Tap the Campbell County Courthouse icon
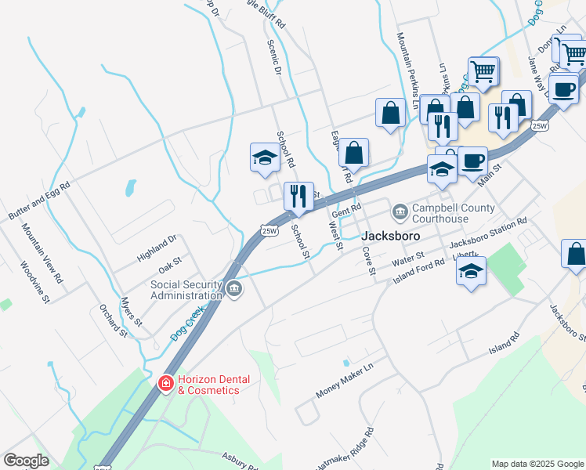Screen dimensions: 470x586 pos(400,211)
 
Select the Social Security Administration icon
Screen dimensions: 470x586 pos(234,290)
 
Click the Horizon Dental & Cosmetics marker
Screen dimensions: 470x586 pos(165,383)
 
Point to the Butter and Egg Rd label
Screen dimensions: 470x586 pos(39,201)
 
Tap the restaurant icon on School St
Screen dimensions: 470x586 pos(298,197)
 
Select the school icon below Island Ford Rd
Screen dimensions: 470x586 pos(470,271)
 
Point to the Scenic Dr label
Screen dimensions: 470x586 pos(273,58)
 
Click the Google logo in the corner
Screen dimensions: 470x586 pos(26,461)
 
